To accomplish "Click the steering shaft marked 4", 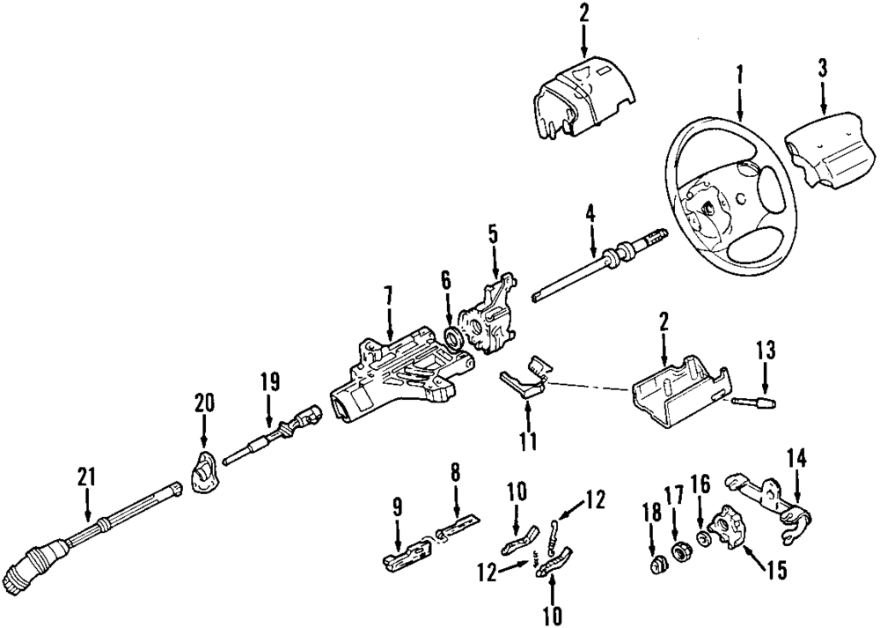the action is click(x=600, y=262).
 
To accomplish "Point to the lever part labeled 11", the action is click(x=524, y=378).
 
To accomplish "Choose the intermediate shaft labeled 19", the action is click(x=272, y=435).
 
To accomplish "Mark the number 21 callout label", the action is click(x=87, y=477).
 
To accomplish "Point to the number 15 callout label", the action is click(x=777, y=570).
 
